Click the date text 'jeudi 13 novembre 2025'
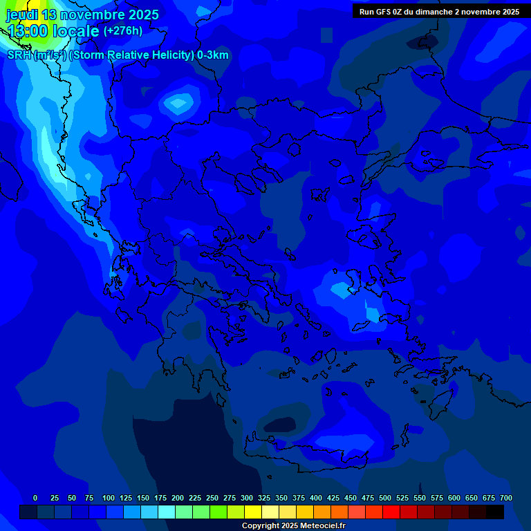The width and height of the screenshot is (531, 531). [x=82, y=15]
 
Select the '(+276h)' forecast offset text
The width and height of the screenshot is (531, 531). [x=123, y=31]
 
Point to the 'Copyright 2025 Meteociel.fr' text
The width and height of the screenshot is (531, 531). [x=293, y=526]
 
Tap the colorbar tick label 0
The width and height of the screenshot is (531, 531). [x=35, y=498]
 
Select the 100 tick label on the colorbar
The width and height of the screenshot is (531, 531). [x=109, y=498]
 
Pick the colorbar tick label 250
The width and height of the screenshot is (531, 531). [x=212, y=498]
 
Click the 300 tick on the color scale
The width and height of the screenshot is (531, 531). [x=247, y=498]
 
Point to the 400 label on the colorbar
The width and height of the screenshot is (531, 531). [x=316, y=498]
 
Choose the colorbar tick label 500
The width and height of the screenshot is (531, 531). [x=385, y=498]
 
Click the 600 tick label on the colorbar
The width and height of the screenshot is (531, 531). [x=454, y=498]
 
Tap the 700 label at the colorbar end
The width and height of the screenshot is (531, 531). [x=505, y=498]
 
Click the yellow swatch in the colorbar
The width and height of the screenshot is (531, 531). [x=252, y=512]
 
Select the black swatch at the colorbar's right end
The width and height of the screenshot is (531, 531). [x=494, y=512]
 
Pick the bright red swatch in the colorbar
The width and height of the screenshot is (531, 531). [x=391, y=512]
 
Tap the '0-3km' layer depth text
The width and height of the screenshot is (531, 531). [x=213, y=55]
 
